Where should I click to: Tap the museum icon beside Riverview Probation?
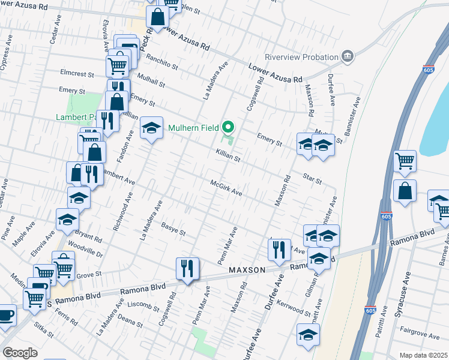347,56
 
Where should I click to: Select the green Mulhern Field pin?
228,127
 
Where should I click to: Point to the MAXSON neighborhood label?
247,271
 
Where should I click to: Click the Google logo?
20,353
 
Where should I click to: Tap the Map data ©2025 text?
423,355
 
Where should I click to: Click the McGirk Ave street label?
226,188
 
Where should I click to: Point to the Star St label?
313,179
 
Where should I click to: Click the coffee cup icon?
6,315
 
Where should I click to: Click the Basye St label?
174,229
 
